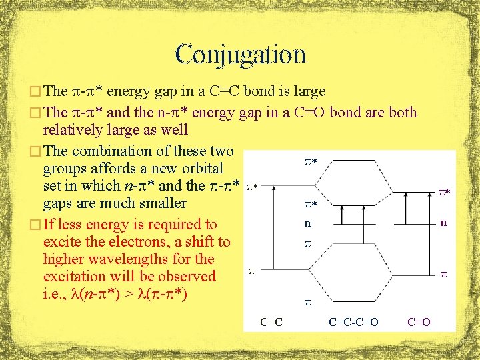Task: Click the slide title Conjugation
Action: pyautogui.click(x=241, y=55)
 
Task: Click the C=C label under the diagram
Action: pyautogui.click(x=271, y=322)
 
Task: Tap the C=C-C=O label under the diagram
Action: pyautogui.click(x=354, y=322)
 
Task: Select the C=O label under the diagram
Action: pyautogui.click(x=419, y=322)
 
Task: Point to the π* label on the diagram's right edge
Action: pyautogui.click(x=444, y=193)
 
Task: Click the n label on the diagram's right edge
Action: pyautogui.click(x=443, y=223)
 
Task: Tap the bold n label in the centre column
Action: pyautogui.click(x=307, y=224)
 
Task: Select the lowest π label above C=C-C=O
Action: pyautogui.click(x=307, y=302)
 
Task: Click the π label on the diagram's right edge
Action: pyautogui.click(x=443, y=273)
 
